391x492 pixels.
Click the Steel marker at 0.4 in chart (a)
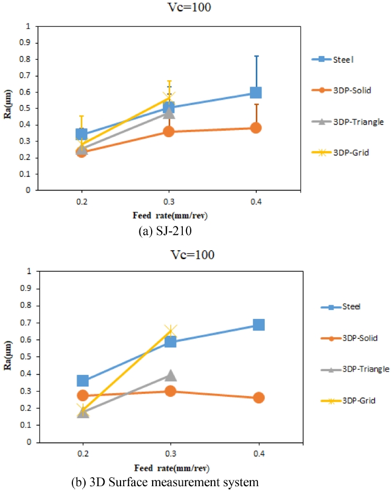point(256,92)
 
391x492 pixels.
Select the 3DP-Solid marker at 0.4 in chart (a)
point(256,128)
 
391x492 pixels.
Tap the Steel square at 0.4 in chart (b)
point(258,325)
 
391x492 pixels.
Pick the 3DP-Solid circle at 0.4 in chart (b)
point(258,398)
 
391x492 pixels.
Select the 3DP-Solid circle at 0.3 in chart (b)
point(170,391)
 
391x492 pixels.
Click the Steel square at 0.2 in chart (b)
point(82,381)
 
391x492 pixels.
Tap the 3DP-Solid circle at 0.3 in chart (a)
point(169,131)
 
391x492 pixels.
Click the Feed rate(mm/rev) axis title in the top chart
point(169,216)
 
